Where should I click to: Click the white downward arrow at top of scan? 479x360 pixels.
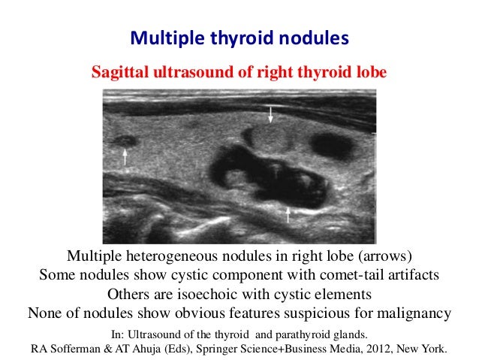(271, 115)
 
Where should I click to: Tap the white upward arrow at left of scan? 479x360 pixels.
(125, 156)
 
